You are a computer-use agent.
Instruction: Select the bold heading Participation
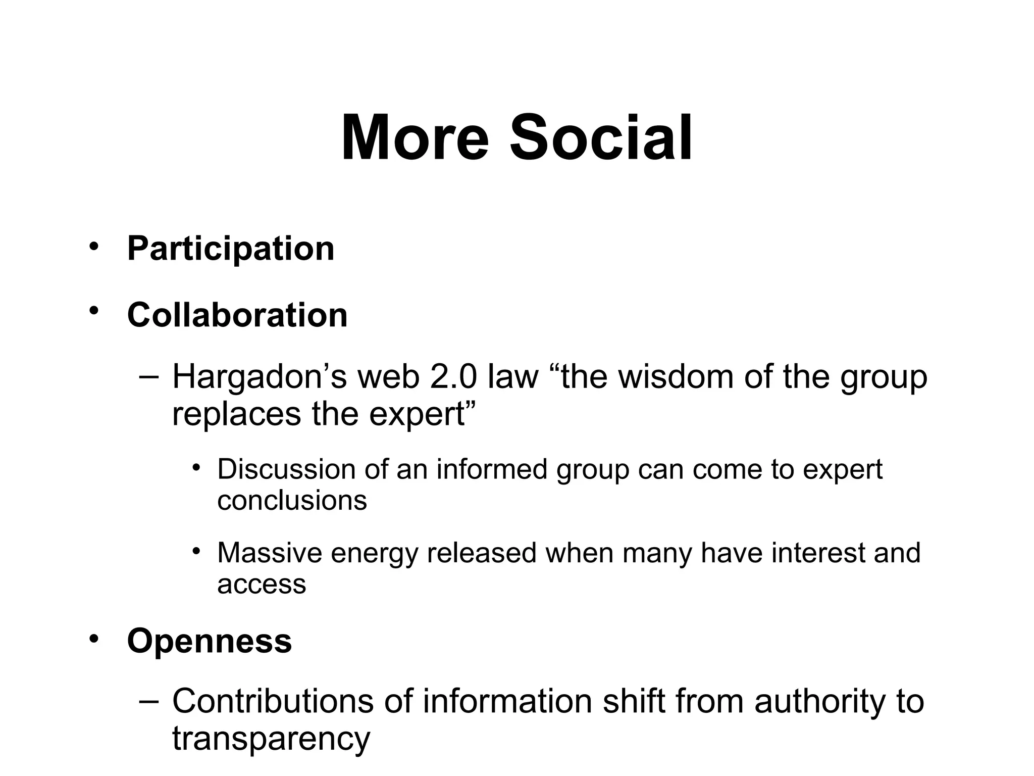click(x=231, y=249)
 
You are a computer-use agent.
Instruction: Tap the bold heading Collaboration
click(x=237, y=315)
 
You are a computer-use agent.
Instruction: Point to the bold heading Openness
click(x=210, y=641)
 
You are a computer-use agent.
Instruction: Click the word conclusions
click(x=292, y=500)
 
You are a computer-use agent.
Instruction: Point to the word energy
click(x=374, y=553)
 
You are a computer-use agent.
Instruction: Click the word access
click(x=262, y=584)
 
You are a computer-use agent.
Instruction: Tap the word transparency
click(x=271, y=739)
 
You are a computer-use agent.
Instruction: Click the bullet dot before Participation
click(x=93, y=246)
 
